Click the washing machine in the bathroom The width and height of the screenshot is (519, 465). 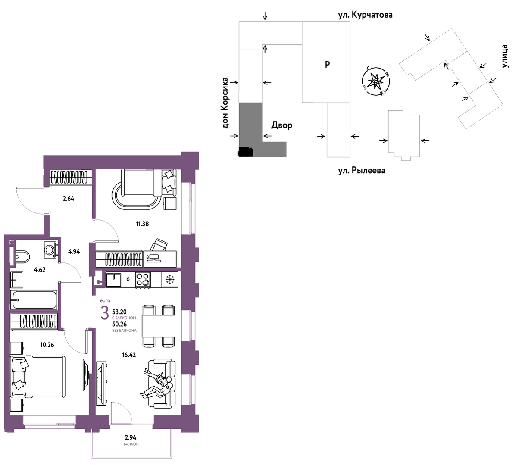click(50, 250)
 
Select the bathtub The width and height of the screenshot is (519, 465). click(34, 300)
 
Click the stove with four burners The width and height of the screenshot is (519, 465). click(142, 280)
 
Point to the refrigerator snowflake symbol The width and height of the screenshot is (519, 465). click(169, 279)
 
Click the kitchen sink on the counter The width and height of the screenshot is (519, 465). click(113, 280)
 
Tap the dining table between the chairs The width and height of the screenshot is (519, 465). click(159, 326)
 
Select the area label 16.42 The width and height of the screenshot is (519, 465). click(128, 355)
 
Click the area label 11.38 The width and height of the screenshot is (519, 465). click(142, 224)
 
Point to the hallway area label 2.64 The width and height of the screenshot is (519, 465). click(69, 199)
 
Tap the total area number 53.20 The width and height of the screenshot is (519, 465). click(119, 312)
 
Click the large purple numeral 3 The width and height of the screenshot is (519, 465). click(104, 314)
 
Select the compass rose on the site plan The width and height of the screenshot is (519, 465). click(375, 81)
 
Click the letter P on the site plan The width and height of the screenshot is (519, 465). click(327, 65)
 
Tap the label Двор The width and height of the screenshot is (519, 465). click(281, 125)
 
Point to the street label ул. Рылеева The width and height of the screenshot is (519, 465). click(362, 170)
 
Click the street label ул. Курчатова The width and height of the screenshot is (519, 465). click(365, 15)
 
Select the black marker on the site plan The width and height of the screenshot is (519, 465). click(245, 151)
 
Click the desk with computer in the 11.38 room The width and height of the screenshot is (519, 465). click(160, 259)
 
